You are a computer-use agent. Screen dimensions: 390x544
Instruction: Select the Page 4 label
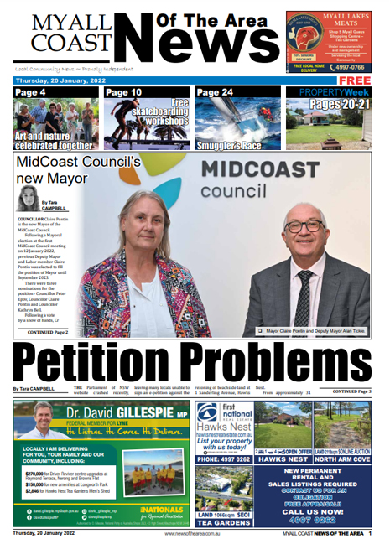click(x=31, y=92)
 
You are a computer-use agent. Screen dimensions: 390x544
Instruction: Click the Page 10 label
click(x=124, y=92)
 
